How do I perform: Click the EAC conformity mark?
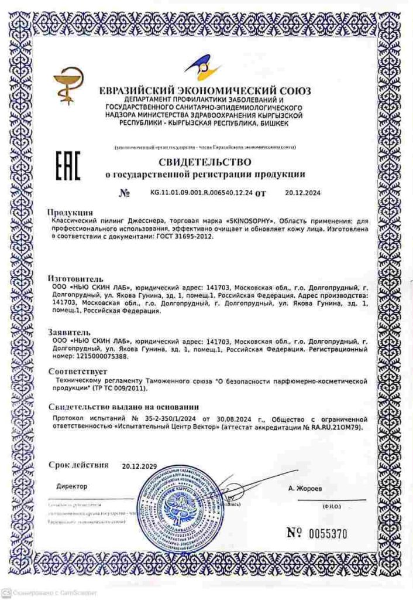click(x=68, y=166)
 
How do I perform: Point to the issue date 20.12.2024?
click(x=302, y=192)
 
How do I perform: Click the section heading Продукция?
click(x=70, y=212)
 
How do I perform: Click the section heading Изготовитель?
click(x=76, y=279)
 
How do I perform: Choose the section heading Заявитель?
click(x=69, y=332)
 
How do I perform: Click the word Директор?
click(x=72, y=486)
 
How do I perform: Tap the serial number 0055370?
click(x=326, y=534)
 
